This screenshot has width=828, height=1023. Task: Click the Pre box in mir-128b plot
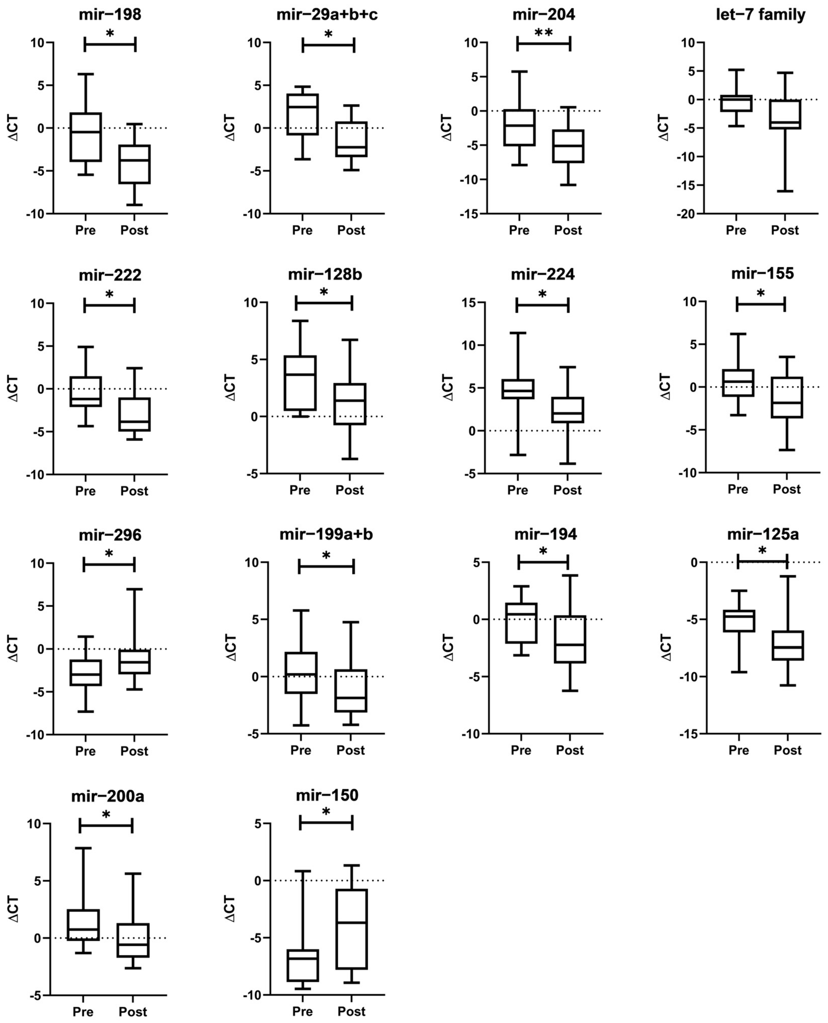[300, 383]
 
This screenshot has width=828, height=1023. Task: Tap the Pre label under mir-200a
[83, 1012]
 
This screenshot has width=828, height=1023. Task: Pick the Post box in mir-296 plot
[134, 662]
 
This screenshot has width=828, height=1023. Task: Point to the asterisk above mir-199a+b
[326, 556]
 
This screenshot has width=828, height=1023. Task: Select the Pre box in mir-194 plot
[521, 623]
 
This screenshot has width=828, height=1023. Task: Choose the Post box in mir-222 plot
[134, 415]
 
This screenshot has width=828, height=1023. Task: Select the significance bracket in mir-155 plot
[761, 304]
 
